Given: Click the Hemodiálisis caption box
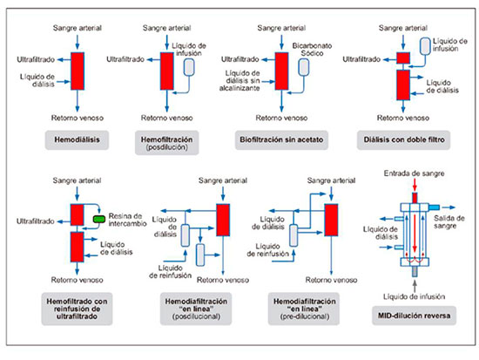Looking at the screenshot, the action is point(77,140).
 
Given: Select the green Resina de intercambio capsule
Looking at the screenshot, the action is point(99,219).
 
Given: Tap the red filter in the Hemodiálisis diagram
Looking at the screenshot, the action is point(78,71).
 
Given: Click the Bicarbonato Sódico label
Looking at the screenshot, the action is point(312,50).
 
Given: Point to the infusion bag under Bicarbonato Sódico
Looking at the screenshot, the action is point(304,67).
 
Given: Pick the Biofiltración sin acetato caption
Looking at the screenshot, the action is point(281,140).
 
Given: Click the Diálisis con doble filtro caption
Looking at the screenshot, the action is point(403,140).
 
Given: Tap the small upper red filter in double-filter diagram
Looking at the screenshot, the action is point(403,58).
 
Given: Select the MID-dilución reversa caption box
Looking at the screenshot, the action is point(414,316).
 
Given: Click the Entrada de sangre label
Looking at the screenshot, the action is point(414,173).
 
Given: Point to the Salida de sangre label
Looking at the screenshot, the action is point(449,222).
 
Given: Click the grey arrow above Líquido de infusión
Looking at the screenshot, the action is point(415,286).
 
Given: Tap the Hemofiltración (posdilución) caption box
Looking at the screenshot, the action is point(167,143).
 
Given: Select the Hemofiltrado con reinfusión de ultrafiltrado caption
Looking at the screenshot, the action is point(77,309).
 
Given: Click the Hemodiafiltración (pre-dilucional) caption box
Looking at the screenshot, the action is point(304,309).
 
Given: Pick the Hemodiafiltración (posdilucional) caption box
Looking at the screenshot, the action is point(196,309).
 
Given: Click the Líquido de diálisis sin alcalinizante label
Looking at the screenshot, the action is point(239,81).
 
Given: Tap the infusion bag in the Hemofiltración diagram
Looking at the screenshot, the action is point(189,67).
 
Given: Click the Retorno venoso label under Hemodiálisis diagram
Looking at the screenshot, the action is point(78,118).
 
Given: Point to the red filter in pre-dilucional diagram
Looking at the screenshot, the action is point(331,220).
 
